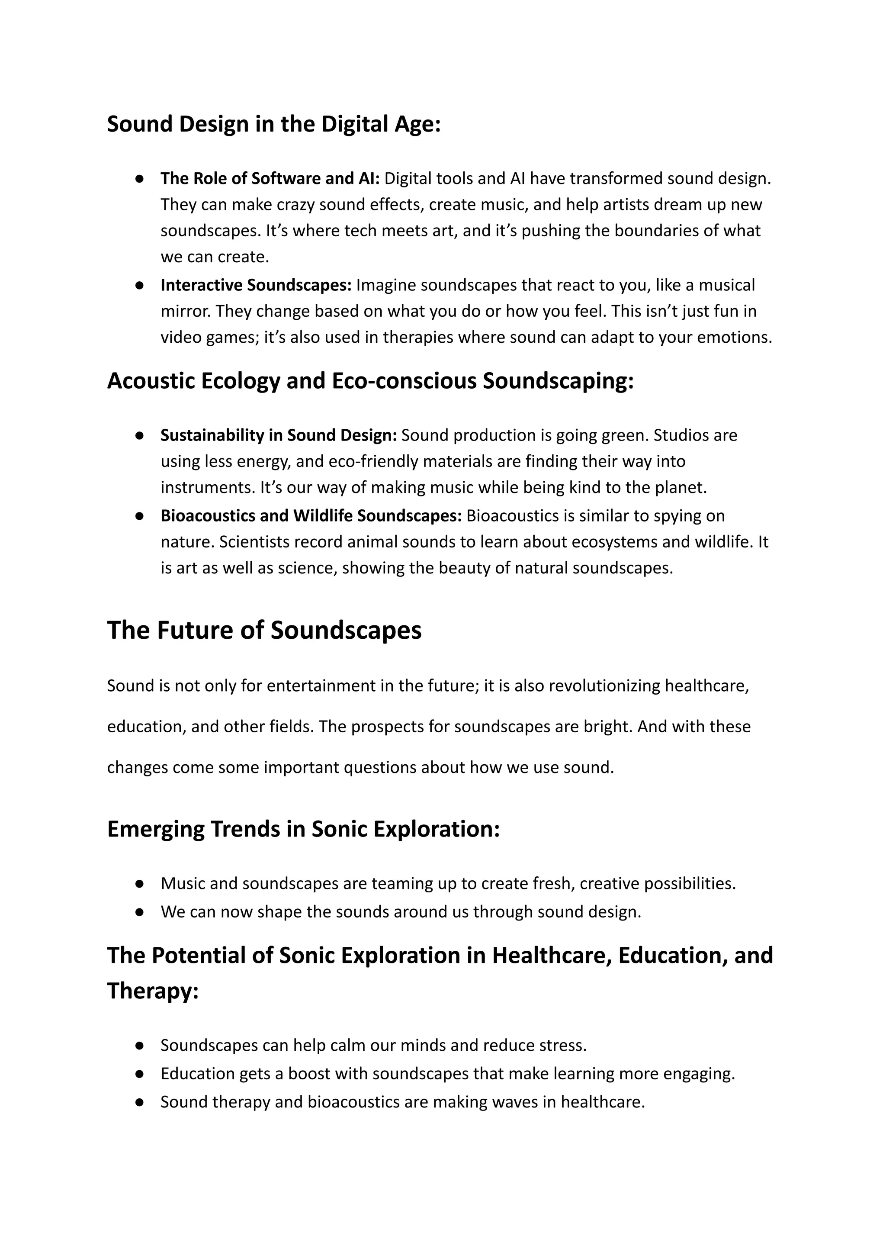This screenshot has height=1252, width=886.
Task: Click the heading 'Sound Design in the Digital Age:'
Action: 273,124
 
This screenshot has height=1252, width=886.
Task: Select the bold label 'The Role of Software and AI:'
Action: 270,178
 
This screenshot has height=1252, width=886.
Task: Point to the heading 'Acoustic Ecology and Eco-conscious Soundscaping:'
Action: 370,381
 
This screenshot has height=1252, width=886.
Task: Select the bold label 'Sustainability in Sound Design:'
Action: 278,435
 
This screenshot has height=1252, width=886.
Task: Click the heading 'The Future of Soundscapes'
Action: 264,630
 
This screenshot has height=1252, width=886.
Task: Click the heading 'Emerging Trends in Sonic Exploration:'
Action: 303,828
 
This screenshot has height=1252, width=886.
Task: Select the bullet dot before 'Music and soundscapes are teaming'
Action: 140,884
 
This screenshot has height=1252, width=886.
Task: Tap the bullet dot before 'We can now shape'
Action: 140,912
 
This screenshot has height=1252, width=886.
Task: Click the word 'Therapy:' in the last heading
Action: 153,991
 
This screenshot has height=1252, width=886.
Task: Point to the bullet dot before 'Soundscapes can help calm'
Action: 140,1045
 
